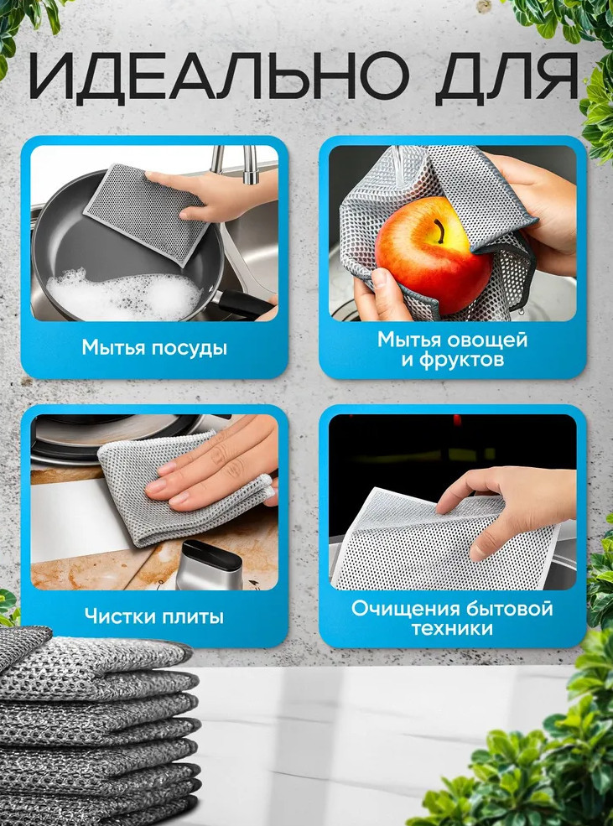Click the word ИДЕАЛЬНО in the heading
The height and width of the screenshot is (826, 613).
click(219, 75)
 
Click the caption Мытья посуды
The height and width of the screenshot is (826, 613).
click(154, 348)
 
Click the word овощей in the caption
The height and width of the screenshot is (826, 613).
click(486, 340)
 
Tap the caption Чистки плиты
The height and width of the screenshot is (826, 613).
click(154, 616)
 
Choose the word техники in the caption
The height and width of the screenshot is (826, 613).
click(452, 629)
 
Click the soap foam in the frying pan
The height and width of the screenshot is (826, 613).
click(124, 295)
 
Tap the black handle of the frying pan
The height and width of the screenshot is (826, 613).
click(245, 304)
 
